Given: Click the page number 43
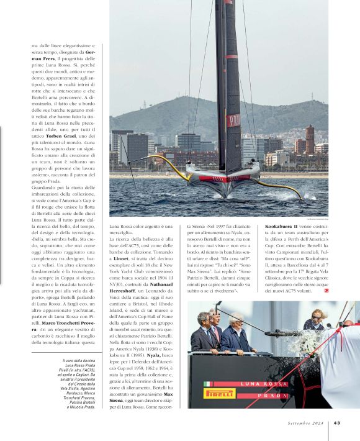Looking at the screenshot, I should coord(336,423).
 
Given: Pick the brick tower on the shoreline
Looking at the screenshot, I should coord(309,139).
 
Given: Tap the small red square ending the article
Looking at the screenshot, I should coord(325,291).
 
